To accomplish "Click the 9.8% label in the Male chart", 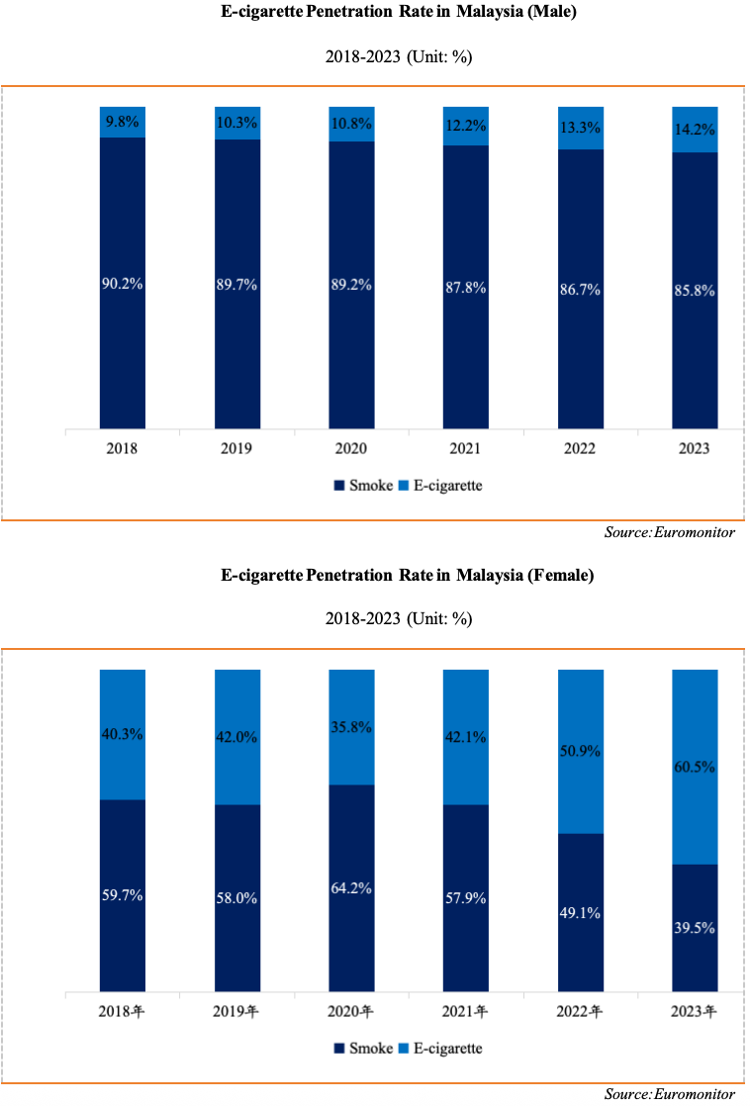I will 123,122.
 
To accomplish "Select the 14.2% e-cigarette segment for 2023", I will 695,129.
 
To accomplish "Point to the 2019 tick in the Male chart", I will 237,448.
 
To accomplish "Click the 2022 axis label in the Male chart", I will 580,448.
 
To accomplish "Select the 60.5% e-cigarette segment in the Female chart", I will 695,767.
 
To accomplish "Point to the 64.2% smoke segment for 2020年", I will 351,887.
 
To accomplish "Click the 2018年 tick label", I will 123,1012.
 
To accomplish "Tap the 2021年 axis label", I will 466,1012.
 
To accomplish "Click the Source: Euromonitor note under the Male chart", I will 669,533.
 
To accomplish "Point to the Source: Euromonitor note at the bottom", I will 669,1094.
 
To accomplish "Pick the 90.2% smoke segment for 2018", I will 123,283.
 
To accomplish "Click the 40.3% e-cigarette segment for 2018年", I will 123,734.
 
